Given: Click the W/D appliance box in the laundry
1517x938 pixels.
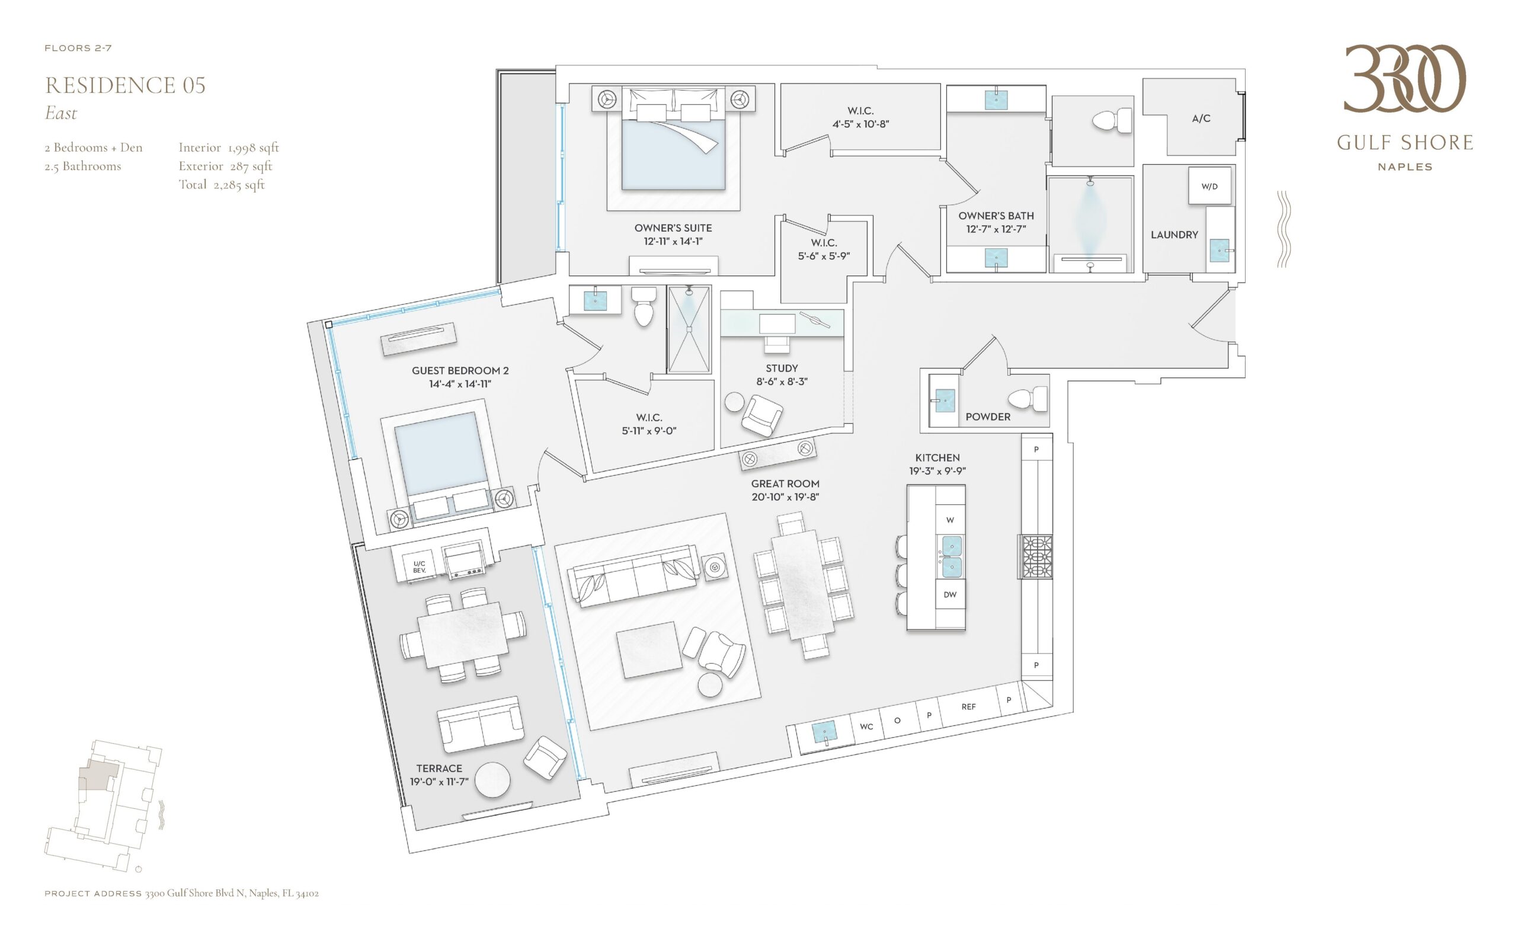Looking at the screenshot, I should (1209, 186).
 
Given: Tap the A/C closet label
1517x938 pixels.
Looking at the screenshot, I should (1201, 119).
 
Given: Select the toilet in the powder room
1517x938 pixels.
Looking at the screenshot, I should (1028, 399).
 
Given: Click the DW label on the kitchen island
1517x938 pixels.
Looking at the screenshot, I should (949, 594).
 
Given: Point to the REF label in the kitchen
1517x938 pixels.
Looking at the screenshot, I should (968, 706).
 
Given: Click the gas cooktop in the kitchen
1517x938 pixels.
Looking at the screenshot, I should (1037, 556).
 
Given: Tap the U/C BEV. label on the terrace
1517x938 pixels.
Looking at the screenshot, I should (420, 567).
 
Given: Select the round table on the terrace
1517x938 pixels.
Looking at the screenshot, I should (492, 780).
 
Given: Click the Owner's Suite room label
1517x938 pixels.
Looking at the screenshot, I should (673, 228).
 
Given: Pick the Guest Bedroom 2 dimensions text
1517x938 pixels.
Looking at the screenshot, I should (460, 384).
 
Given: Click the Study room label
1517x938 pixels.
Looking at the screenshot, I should (781, 369).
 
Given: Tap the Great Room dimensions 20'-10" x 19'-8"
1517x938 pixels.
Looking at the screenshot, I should (785, 497).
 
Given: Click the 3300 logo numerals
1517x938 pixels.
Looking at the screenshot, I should (1404, 79).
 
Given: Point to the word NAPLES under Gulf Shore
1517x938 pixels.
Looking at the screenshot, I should (1404, 167).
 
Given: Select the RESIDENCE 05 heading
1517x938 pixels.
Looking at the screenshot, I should (126, 85).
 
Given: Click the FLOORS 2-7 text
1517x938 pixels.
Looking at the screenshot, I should (78, 49).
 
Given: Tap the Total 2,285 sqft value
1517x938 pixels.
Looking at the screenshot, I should (222, 185).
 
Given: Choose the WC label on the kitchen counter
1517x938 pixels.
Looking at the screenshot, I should (866, 726).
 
